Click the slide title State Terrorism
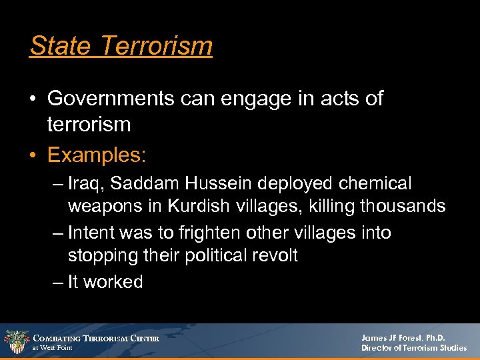click(121, 46)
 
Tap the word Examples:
click(97, 155)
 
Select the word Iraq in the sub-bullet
click(83, 183)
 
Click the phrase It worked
click(105, 282)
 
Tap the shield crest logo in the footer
click(16, 341)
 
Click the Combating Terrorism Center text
click(97, 338)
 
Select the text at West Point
click(53, 348)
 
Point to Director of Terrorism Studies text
click(413, 348)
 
